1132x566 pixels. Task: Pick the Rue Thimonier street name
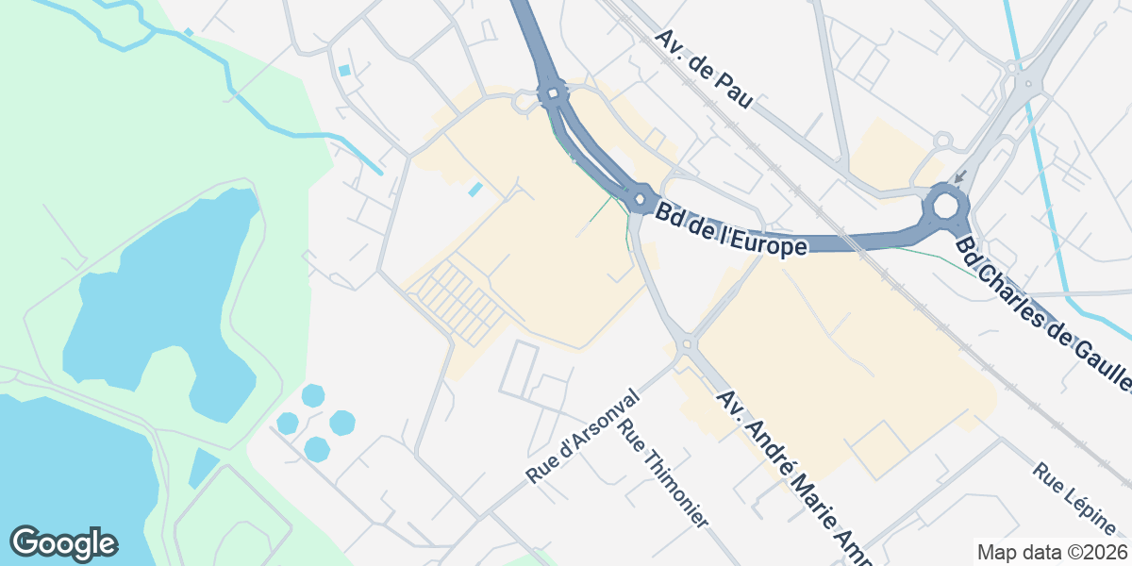tap(662, 472)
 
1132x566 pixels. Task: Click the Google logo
tap(63, 543)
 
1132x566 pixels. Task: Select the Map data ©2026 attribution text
tap(1052, 552)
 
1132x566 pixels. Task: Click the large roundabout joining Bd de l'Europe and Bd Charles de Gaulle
tap(946, 206)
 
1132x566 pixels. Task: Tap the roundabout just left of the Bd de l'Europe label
tap(641, 199)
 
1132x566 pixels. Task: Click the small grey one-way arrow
tap(959, 177)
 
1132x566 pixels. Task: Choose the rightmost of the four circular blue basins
tap(342, 423)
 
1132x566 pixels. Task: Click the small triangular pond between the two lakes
tap(203, 468)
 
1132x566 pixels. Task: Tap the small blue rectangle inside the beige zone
tap(475, 190)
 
